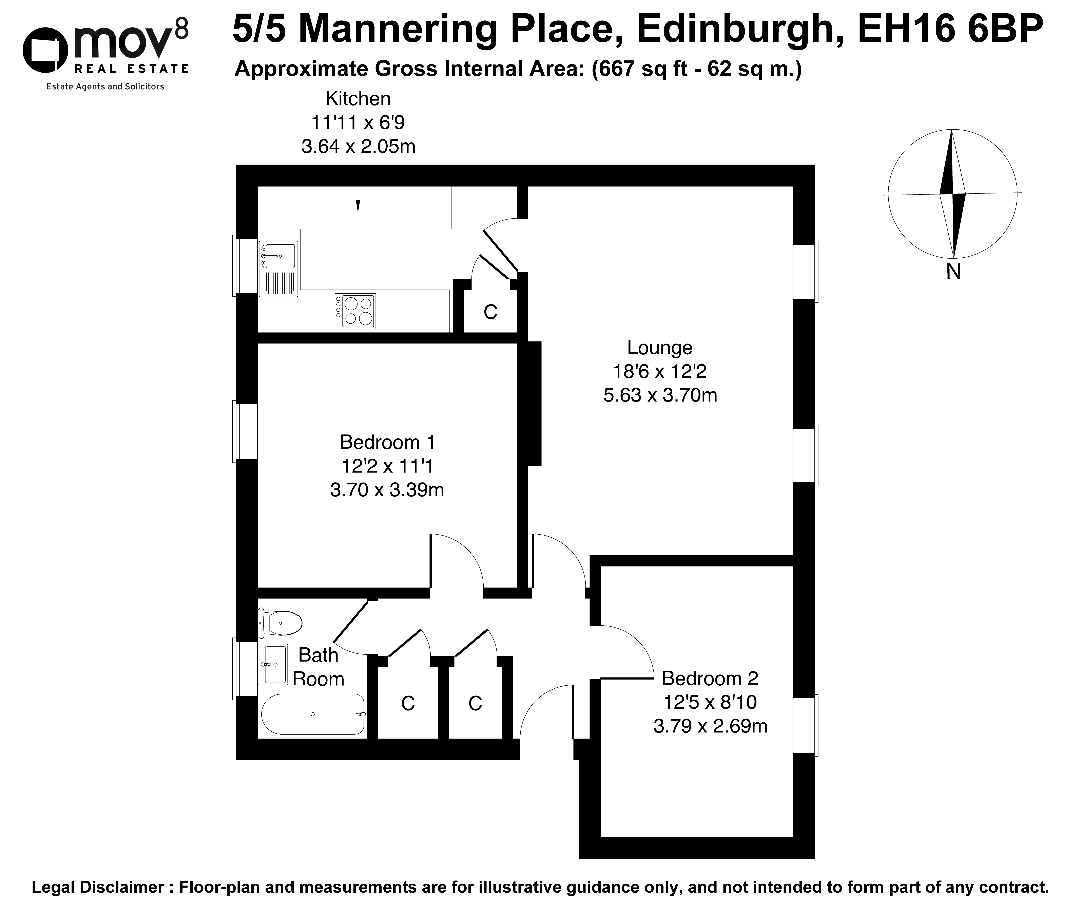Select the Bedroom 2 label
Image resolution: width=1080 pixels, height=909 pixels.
710,678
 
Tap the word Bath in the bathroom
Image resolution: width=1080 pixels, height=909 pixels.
318,655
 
